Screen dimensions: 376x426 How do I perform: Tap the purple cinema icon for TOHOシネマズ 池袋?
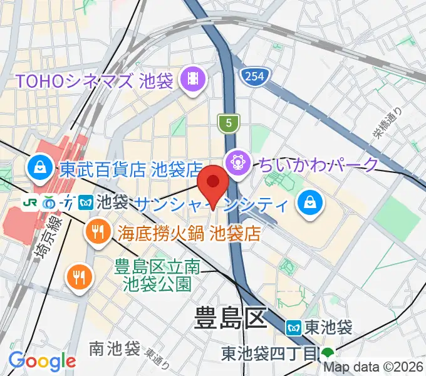coord(190,79)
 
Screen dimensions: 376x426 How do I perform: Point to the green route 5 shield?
coord(229,123)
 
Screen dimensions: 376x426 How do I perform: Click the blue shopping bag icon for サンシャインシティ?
coord(309,201)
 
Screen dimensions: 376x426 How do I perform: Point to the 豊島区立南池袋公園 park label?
coord(153,276)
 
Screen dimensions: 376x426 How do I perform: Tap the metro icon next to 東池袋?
coord(293,326)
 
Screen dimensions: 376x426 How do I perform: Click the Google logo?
coord(42,361)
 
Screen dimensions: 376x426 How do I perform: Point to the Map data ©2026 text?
coord(374,368)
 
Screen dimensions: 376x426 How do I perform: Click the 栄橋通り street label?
coord(390,127)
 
